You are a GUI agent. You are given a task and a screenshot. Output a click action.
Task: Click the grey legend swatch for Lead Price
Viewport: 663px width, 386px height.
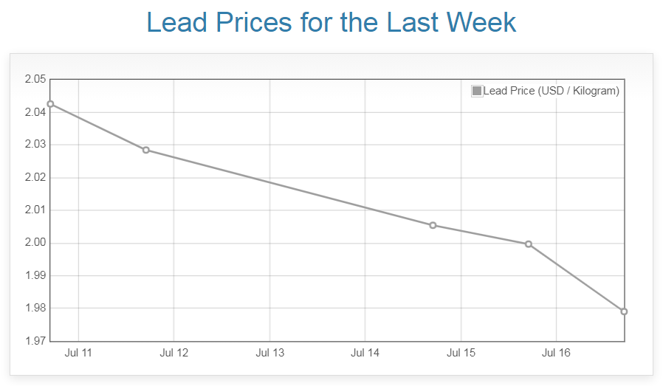click(x=477, y=91)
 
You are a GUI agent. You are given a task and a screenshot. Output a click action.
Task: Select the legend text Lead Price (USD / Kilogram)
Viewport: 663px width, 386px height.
click(x=551, y=91)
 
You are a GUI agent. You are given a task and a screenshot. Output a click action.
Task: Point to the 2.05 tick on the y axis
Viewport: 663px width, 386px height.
click(x=35, y=80)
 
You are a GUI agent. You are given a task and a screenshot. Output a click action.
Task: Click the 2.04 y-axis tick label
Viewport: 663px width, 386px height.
click(x=35, y=112)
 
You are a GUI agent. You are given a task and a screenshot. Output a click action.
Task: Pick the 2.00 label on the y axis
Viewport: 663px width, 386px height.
click(x=35, y=243)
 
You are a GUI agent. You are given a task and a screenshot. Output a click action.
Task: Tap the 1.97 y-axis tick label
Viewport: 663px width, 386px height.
click(x=35, y=341)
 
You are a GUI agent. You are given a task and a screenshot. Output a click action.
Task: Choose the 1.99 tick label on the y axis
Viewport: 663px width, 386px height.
click(x=35, y=275)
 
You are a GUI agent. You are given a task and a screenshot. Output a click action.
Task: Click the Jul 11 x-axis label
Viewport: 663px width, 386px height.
click(x=78, y=354)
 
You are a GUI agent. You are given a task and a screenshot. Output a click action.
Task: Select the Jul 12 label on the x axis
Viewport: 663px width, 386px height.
click(x=174, y=354)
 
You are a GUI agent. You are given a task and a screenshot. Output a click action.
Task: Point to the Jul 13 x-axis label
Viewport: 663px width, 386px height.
click(x=269, y=354)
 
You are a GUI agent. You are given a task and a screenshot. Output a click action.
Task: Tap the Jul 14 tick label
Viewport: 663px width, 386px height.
click(x=365, y=354)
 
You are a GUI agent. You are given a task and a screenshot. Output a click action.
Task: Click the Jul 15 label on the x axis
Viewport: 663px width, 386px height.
click(x=461, y=354)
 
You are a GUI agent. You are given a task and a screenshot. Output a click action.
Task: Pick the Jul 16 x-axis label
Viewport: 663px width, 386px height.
click(x=556, y=354)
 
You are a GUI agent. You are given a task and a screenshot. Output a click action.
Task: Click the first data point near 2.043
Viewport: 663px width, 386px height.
click(x=50, y=104)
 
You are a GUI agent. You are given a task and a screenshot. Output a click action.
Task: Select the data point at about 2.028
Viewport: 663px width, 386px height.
click(x=146, y=150)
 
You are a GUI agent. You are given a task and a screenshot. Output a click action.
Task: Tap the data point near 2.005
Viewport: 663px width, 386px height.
click(x=433, y=225)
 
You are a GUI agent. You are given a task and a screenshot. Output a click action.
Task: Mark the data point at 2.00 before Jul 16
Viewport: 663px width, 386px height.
click(x=529, y=244)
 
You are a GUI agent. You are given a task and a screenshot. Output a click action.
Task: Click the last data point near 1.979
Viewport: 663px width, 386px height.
click(x=624, y=311)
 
